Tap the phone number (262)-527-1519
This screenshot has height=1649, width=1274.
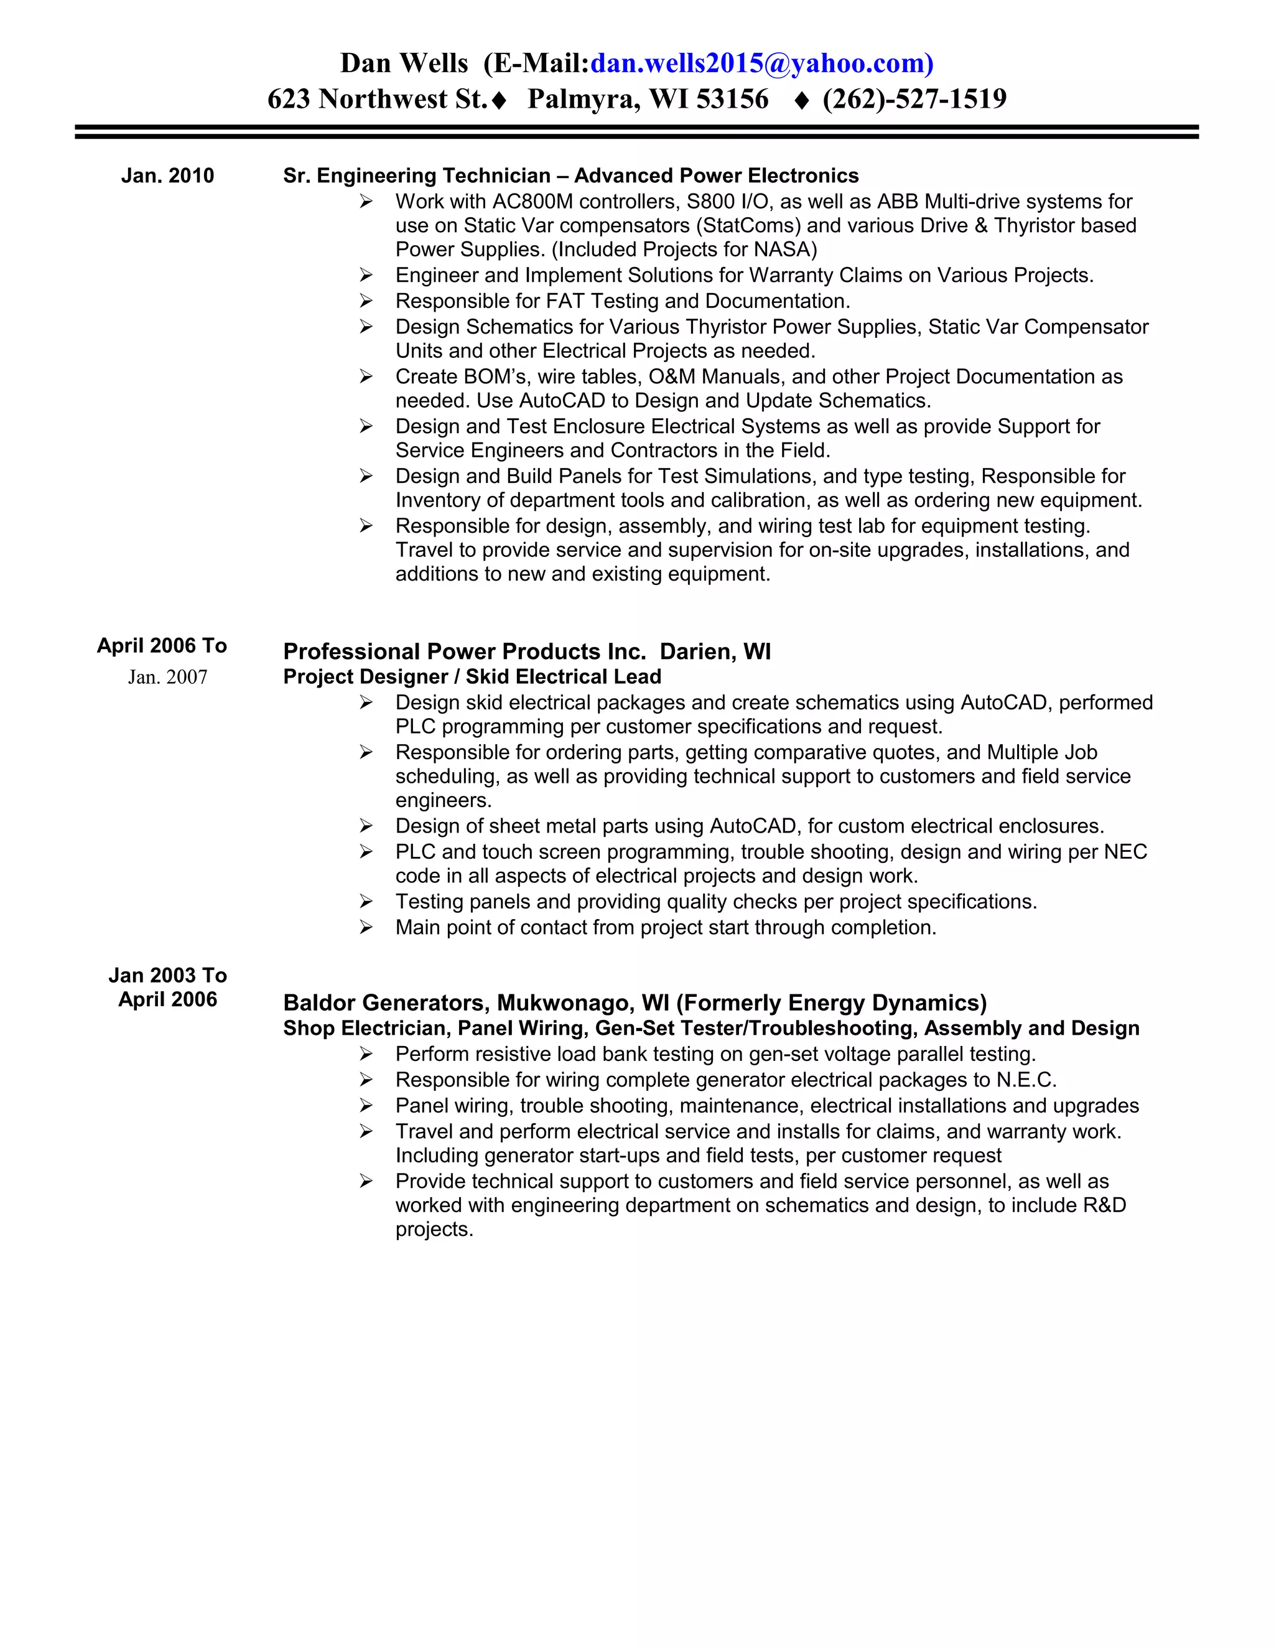[914, 99]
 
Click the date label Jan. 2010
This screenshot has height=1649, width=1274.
[167, 176]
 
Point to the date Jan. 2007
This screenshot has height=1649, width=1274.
[167, 677]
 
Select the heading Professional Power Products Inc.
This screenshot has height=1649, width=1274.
[464, 652]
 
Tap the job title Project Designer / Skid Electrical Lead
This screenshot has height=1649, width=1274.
[472, 677]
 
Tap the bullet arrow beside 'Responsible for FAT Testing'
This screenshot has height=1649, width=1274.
[366, 301]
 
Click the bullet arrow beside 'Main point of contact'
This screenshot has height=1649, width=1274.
[366, 928]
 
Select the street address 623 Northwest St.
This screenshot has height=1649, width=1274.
[378, 99]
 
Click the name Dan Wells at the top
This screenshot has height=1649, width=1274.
[404, 63]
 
